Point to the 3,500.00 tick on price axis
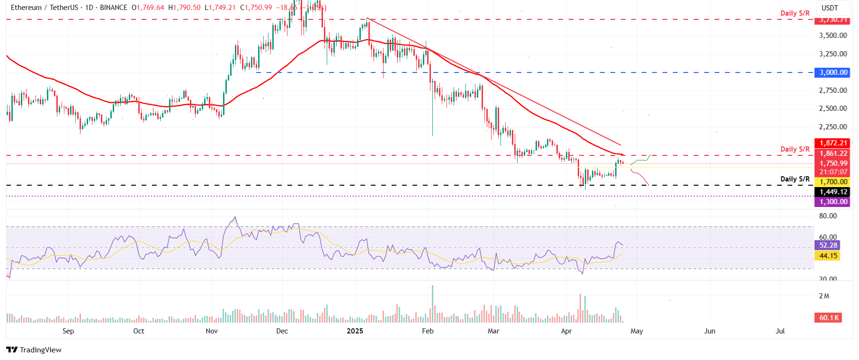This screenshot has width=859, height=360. (833, 36)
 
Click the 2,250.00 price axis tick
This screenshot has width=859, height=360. (833, 127)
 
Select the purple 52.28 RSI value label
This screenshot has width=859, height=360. (828, 245)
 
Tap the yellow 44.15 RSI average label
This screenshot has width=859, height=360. (828, 256)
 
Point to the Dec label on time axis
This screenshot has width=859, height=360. (282, 331)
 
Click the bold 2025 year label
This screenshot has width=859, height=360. (355, 331)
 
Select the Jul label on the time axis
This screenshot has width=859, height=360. (780, 331)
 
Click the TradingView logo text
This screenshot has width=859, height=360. (40, 350)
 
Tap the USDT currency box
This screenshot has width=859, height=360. (830, 8)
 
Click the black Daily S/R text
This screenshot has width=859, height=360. (795, 179)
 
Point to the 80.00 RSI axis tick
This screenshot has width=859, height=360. (828, 216)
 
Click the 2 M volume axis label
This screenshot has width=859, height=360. (824, 296)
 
